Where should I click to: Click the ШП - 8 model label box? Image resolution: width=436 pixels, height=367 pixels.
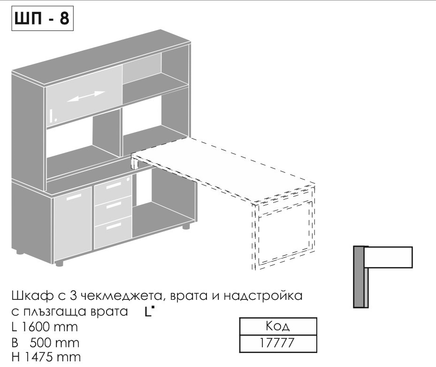click(42, 18)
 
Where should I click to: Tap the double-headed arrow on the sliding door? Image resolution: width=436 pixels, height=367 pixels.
click(85, 96)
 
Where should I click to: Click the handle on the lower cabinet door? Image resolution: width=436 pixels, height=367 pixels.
click(74, 197)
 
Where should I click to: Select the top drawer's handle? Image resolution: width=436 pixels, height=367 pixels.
click(114, 185)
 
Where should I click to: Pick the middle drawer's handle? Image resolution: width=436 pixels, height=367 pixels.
click(114, 205)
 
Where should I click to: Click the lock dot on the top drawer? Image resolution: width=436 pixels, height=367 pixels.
click(128, 179)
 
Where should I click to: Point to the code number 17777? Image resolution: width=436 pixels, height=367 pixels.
click(277, 343)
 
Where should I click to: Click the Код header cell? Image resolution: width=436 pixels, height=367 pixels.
click(278, 326)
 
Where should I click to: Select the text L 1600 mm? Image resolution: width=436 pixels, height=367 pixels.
click(45, 327)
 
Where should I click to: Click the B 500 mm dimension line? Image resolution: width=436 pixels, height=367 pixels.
click(46, 343)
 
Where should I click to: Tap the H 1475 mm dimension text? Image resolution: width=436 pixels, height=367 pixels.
click(46, 357)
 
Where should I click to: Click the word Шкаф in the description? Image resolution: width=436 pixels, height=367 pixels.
click(32, 295)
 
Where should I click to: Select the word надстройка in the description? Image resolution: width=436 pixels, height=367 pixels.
click(263, 295)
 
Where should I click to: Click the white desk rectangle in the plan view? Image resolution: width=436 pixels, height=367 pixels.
click(388, 257)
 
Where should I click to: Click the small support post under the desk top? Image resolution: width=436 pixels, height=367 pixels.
click(134, 163)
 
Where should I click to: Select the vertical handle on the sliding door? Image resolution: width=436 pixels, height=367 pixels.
click(51, 116)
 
